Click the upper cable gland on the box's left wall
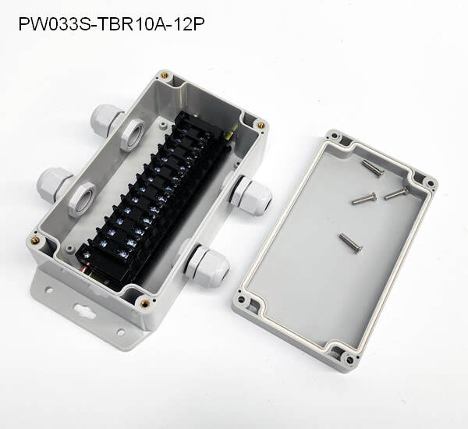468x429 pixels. tap(105, 119)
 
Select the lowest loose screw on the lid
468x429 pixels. tap(352, 243)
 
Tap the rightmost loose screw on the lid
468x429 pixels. tap(397, 193)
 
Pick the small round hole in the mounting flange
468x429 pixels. tap(47, 291)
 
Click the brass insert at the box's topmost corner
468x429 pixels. tap(165, 76)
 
